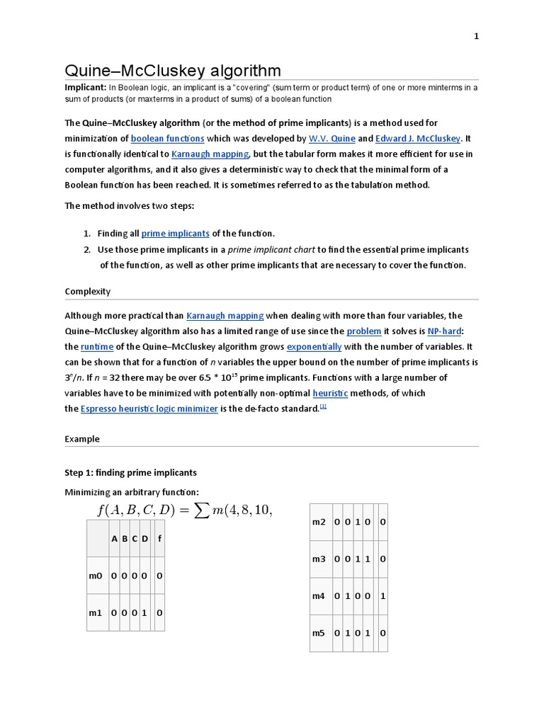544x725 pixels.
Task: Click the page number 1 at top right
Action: coord(476,37)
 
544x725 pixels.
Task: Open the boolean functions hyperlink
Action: coord(167,138)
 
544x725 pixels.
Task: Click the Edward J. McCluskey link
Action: coord(418,138)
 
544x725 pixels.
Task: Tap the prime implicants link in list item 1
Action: coord(175,233)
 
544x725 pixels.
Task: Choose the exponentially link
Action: coord(314,346)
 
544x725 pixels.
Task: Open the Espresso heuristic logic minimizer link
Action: coord(149,409)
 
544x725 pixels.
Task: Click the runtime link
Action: coord(97,346)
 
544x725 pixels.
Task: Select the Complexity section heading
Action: coord(88,291)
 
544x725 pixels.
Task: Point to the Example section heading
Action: coord(82,438)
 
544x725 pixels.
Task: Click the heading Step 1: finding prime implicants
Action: coord(131,472)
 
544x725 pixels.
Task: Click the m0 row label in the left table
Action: coord(96,576)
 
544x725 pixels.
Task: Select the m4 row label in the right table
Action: coord(319,596)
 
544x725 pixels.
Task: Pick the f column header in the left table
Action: coord(159,538)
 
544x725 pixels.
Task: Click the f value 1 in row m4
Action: coord(382,596)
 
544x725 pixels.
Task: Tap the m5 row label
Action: coord(319,633)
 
